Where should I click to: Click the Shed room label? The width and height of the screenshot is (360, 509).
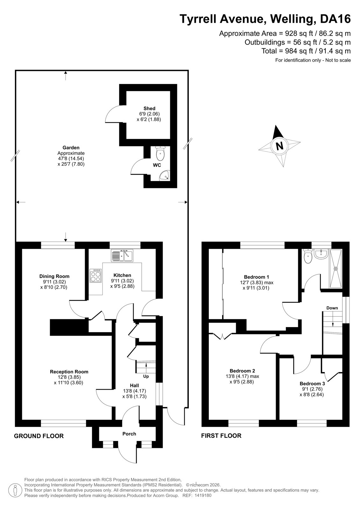pyautogui.click(x=149, y=108)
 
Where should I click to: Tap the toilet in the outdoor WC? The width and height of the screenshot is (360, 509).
pyautogui.click(x=160, y=153)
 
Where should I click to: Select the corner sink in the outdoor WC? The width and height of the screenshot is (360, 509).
pyautogui.click(x=165, y=176)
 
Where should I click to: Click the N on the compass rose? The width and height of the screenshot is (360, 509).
pyautogui.click(x=279, y=145)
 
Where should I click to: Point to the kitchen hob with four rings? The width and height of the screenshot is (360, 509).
pyautogui.click(x=95, y=276)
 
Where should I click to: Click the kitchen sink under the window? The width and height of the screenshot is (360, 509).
pyautogui.click(x=122, y=256)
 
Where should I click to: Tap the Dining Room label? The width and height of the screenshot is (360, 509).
pyautogui.click(x=54, y=276)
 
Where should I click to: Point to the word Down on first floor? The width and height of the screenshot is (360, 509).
pyautogui.click(x=332, y=308)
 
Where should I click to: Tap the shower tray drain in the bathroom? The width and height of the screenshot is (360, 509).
pyautogui.click(x=336, y=268)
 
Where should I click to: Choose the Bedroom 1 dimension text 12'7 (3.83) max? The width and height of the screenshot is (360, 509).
pyautogui.click(x=257, y=283)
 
